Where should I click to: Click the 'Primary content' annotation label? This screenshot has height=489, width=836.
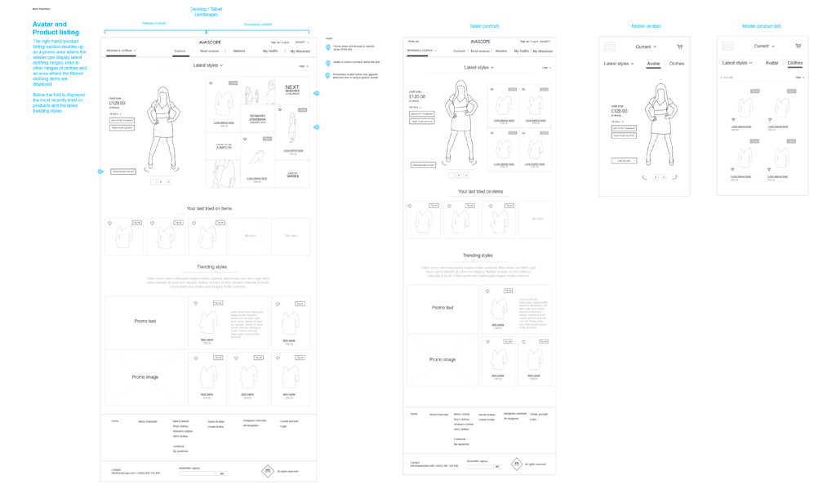pos(153,24)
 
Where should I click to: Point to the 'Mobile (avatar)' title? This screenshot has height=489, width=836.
pos(646,26)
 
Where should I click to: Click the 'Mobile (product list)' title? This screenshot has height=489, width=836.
pos(761,26)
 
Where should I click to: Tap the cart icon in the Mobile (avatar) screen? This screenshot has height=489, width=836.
pos(679,47)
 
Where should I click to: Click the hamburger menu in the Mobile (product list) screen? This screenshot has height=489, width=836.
pos(727,47)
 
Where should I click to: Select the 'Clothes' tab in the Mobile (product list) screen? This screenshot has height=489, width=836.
pos(794,63)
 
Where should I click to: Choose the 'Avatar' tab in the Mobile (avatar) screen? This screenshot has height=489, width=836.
pos(653,64)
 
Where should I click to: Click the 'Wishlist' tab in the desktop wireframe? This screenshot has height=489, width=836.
pos(239,51)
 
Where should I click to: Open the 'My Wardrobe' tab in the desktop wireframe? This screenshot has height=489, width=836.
pos(300,51)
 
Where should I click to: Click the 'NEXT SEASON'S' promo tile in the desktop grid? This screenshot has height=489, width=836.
pos(292,89)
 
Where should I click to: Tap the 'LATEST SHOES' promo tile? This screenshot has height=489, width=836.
pos(292,174)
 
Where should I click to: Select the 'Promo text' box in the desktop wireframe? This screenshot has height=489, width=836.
pos(145,321)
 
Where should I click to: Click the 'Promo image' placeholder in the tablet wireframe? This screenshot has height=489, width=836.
pos(442,359)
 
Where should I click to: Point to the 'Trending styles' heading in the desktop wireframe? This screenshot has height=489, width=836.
pos(211,267)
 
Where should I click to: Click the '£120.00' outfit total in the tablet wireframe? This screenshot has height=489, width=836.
pos(417,96)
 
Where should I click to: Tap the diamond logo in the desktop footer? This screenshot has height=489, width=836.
pos(267,471)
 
